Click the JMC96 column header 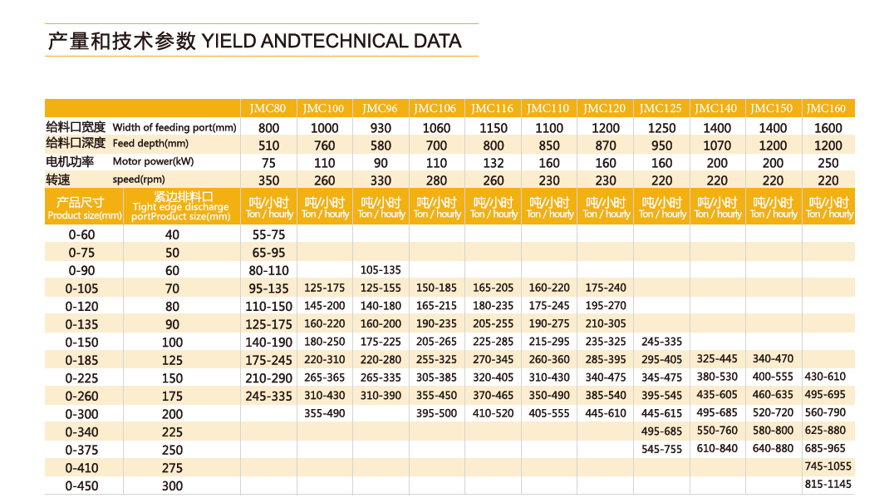380,108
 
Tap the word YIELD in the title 228,41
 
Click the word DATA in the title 438,41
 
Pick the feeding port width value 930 381,128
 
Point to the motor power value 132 494,163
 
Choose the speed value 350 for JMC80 268,180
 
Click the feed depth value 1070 717,146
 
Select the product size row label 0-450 81,486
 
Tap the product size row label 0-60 81,234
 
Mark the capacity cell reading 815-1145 828,484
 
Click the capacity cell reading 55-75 268,234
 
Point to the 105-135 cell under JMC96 381,269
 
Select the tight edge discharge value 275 172,468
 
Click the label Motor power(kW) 154,161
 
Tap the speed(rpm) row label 139,180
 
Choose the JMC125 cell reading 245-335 661,342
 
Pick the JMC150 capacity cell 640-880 773,448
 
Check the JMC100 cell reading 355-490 324,413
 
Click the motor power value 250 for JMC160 828,163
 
